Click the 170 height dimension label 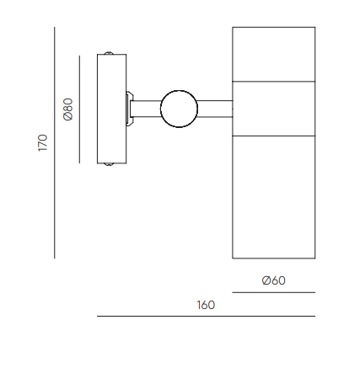43,143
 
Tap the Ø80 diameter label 68,109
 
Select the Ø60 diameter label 273,280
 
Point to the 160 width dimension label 206,305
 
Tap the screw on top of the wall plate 109,53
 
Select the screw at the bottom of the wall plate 109,164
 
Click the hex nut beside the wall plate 129,109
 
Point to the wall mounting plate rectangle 111,109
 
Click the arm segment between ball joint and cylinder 215,109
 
